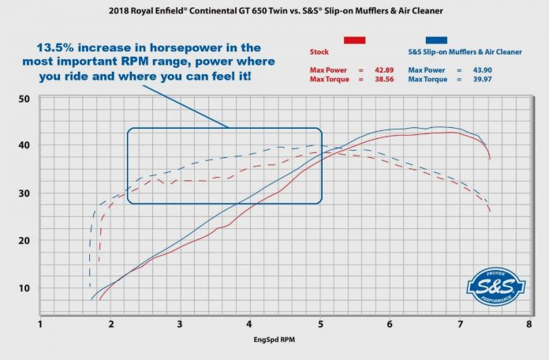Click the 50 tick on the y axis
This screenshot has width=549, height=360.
pyautogui.click(x=24, y=98)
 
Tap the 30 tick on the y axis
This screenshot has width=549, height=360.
pyautogui.click(x=24, y=193)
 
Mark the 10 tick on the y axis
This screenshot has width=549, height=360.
pyautogui.click(x=24, y=288)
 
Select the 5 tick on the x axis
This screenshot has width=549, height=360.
pyautogui.click(x=319, y=324)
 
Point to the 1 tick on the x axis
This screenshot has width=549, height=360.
pyautogui.click(x=40, y=324)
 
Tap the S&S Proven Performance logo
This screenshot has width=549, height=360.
pyautogui.click(x=495, y=285)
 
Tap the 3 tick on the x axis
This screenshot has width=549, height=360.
pyautogui.click(x=180, y=324)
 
